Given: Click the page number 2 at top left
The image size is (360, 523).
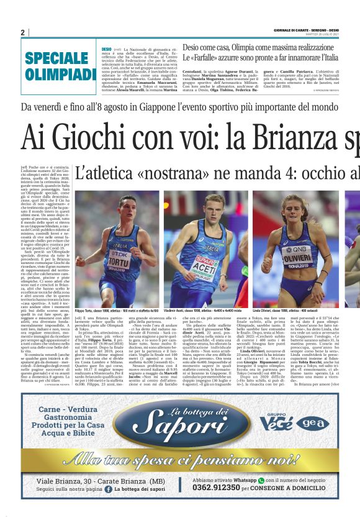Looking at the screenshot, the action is pyautogui.click(x=23, y=32).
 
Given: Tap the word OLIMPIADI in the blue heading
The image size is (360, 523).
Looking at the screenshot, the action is pyautogui.click(x=60, y=75).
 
